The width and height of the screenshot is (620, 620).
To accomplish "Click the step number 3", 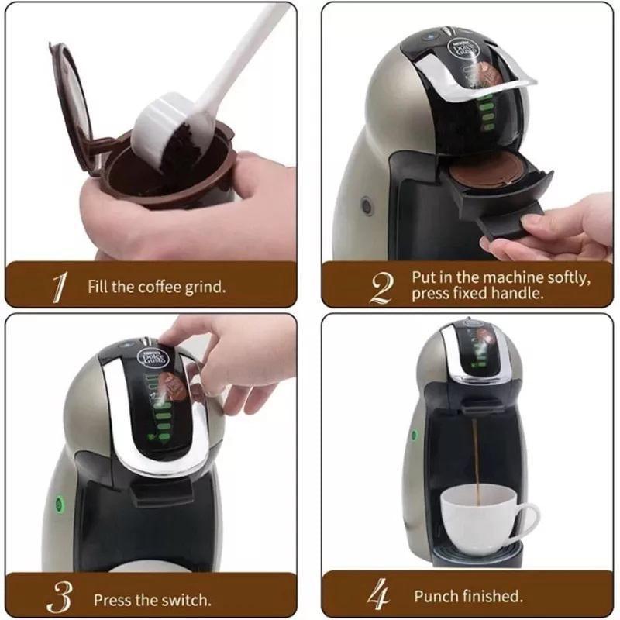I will tap(60, 598).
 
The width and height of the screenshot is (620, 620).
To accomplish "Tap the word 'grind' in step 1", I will tap(205, 288).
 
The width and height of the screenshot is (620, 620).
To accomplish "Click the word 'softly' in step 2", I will tap(563, 277).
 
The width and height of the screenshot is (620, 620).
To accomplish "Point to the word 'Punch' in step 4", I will tap(436, 596).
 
